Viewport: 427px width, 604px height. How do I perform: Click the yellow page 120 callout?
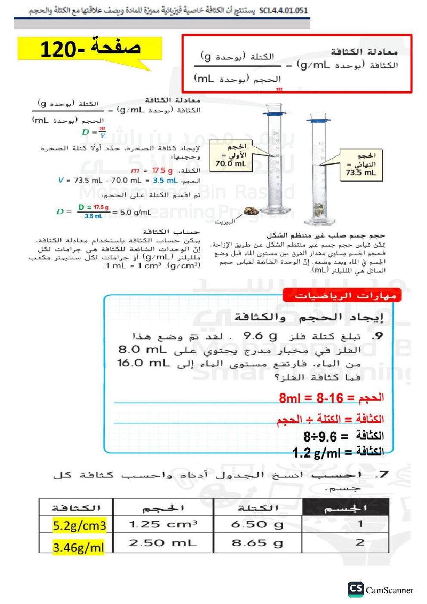(x=90, y=48)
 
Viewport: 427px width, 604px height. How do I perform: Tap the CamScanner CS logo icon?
(x=356, y=589)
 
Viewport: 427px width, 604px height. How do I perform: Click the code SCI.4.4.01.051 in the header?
(x=284, y=10)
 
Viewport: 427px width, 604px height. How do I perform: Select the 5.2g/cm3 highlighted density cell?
(x=79, y=525)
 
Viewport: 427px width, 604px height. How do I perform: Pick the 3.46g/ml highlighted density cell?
(x=78, y=547)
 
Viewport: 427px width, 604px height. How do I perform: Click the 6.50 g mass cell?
(x=257, y=524)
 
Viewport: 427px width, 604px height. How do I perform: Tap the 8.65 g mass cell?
(x=257, y=543)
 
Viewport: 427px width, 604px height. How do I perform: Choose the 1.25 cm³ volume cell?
(x=163, y=524)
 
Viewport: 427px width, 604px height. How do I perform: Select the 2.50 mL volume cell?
(x=163, y=543)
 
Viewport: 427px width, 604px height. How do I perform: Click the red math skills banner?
(x=342, y=296)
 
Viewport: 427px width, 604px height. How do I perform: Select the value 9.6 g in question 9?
(x=260, y=336)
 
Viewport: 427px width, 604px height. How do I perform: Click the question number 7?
(x=382, y=474)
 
